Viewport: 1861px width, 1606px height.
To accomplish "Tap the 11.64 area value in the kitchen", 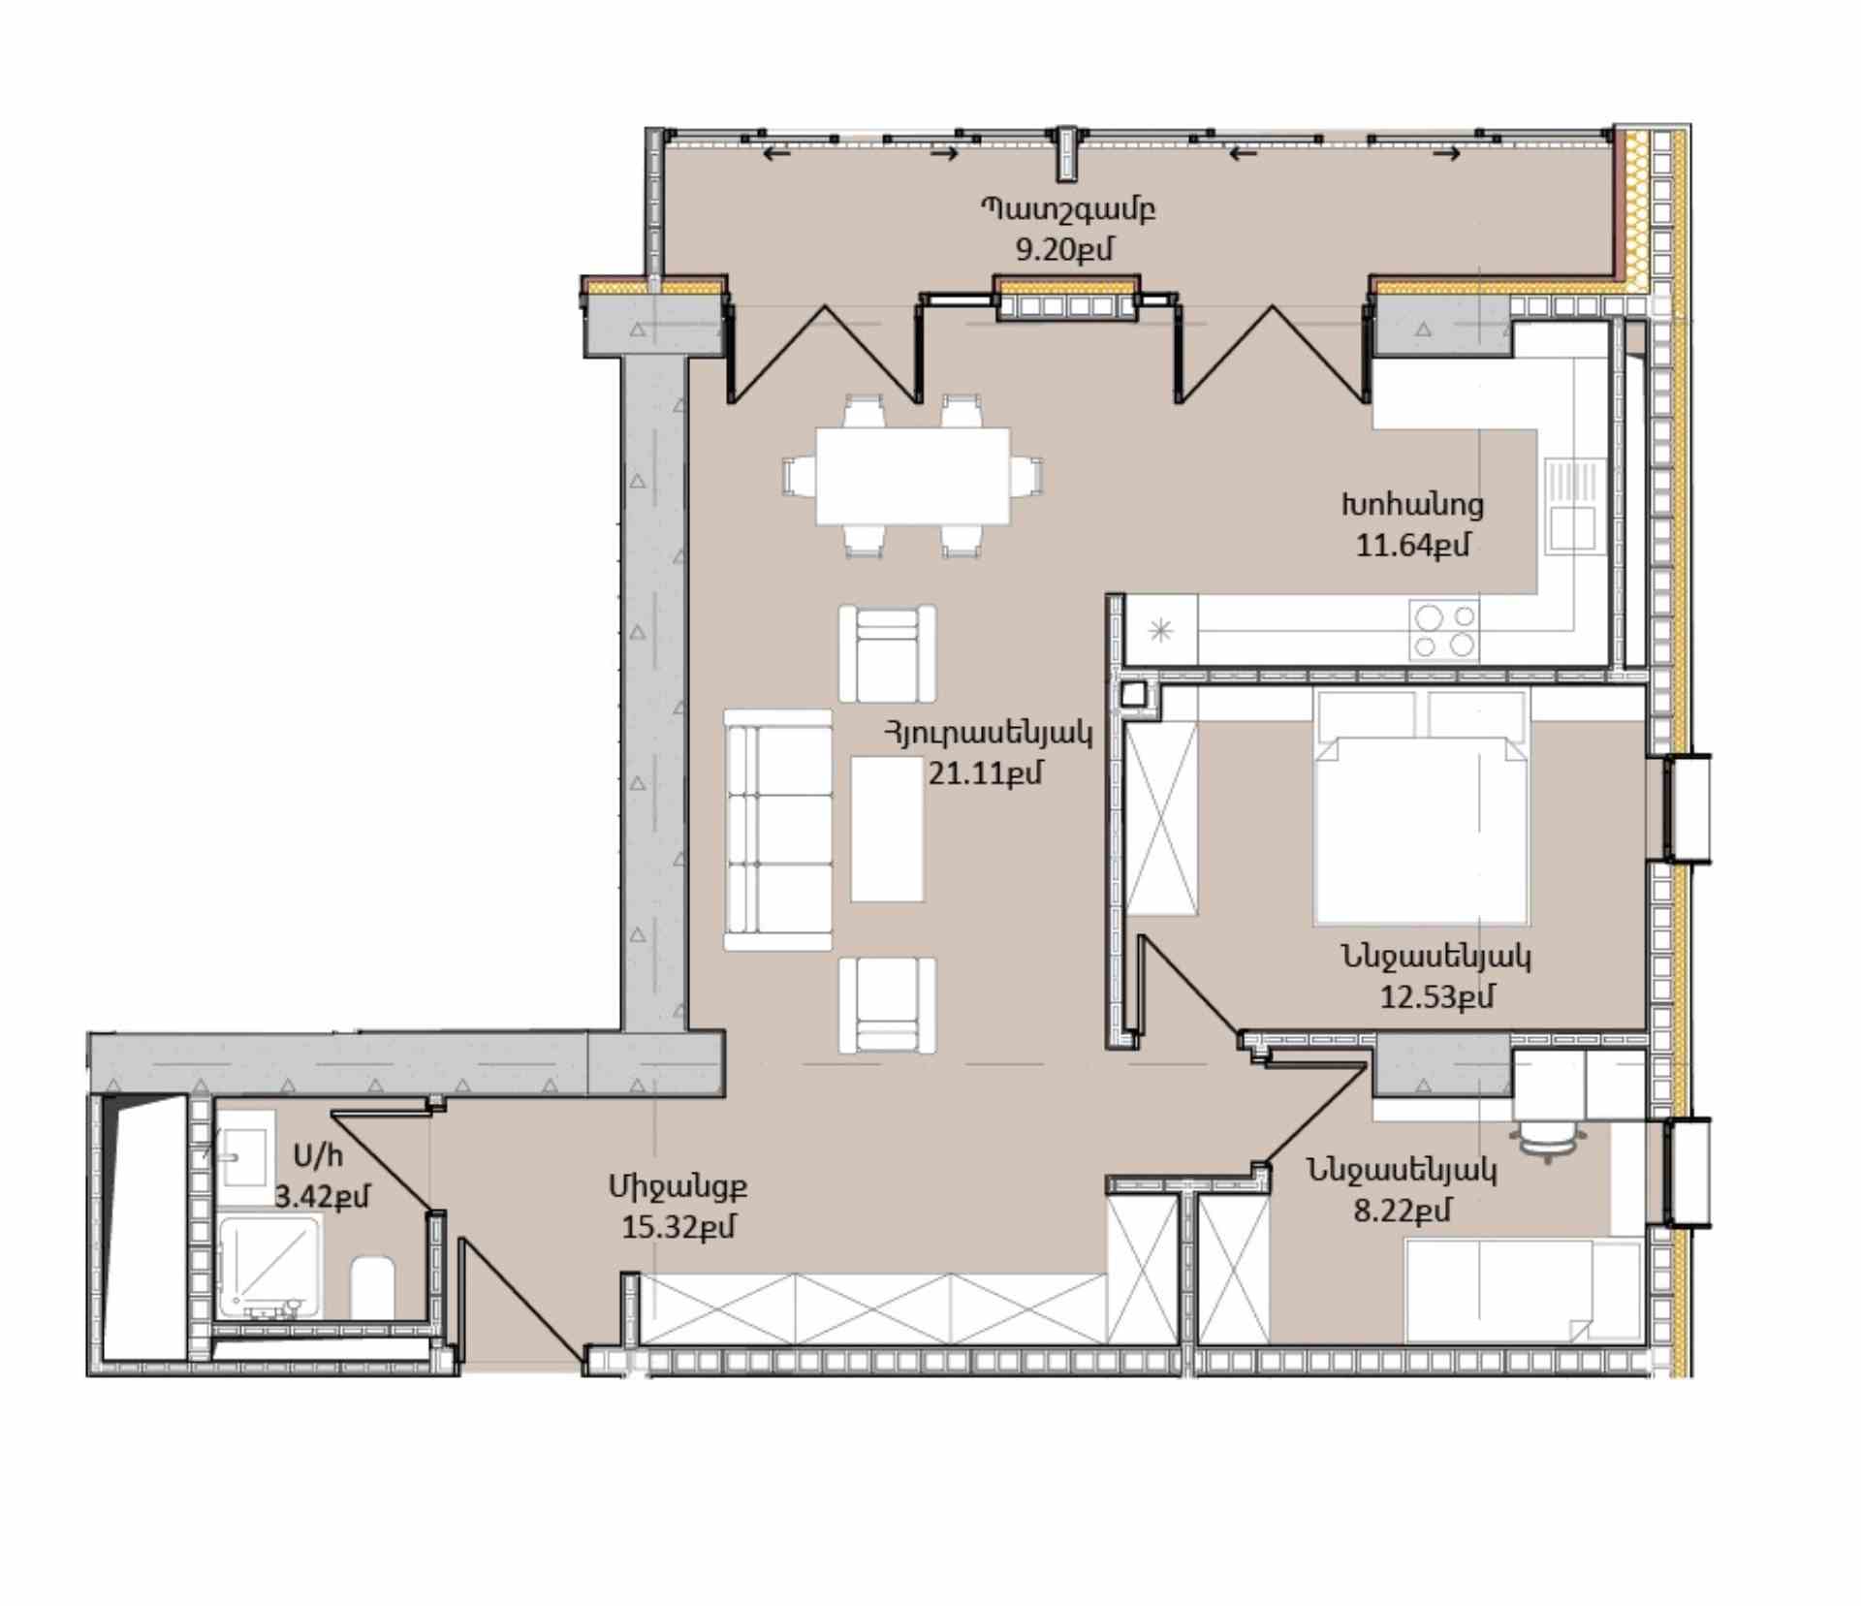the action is (x=1411, y=546).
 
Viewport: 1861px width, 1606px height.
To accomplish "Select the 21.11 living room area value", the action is (x=985, y=773).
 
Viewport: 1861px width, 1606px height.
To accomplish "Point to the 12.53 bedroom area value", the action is (x=1436, y=996).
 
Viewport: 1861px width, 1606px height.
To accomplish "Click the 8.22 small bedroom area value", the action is (x=1402, y=1211).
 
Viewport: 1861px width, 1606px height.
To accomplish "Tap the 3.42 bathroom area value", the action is (x=322, y=1197).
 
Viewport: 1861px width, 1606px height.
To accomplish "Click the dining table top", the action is (x=912, y=476).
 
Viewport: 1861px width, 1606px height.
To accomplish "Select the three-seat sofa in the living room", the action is (x=777, y=830).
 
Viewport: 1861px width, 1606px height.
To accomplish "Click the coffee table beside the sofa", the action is (x=887, y=829).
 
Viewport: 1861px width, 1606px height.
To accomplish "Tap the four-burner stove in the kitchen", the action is (x=1444, y=630).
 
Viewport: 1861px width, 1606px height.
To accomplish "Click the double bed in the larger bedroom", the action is (x=1421, y=805).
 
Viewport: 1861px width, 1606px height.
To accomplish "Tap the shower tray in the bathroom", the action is (x=269, y=1266).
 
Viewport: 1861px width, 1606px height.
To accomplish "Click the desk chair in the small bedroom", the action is (x=1547, y=1140).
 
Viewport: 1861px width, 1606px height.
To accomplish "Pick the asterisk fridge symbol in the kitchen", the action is (x=1160, y=632).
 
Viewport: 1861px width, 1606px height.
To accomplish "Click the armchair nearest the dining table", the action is (x=887, y=653).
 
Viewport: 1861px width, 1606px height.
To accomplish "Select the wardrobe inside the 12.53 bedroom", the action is (x=1162, y=817).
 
